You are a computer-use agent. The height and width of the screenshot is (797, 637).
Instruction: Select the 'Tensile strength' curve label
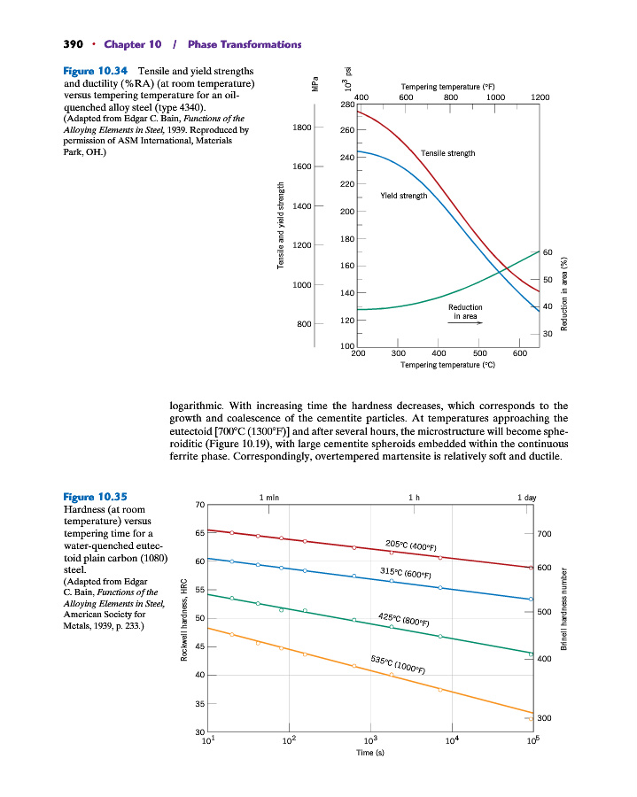(447, 153)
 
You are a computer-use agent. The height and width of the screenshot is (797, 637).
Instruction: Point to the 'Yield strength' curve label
(403, 196)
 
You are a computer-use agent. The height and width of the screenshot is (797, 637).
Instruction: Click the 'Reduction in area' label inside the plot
(465, 311)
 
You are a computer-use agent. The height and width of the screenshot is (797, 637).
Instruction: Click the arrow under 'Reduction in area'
(464, 324)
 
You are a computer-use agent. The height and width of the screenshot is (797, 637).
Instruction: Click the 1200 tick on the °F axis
(540, 97)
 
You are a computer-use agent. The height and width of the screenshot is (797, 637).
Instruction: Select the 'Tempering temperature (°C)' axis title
(447, 365)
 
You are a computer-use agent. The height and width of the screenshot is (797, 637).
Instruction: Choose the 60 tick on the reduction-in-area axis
(548, 253)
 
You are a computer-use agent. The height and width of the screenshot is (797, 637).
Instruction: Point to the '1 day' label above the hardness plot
(527, 498)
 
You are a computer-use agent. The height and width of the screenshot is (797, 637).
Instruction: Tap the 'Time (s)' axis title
(369, 753)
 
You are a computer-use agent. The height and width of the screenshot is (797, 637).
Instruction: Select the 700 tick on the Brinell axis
(544, 535)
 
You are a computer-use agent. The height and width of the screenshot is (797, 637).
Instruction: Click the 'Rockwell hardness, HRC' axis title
(183, 616)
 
